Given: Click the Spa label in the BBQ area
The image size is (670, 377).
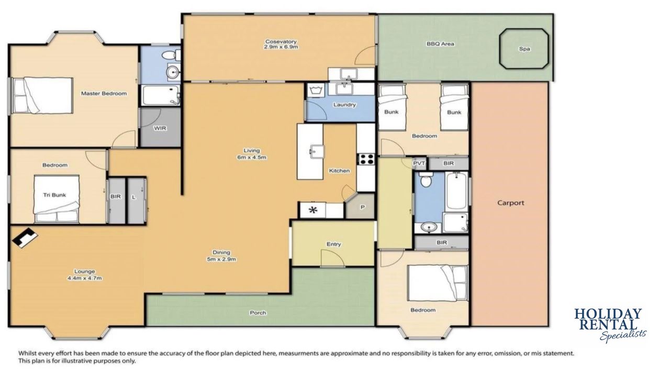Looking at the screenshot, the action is [524, 49].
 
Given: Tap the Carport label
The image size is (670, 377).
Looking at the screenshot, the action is [510, 203].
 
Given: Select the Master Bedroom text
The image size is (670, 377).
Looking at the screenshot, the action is [104, 93].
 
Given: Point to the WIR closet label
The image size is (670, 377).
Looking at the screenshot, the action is [160, 128].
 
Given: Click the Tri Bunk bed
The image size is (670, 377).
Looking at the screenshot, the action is [57, 198].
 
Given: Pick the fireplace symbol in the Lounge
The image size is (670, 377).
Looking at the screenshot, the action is [25, 238].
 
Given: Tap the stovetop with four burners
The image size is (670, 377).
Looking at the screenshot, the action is [365, 159].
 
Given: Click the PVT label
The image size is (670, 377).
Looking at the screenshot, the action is [419, 163].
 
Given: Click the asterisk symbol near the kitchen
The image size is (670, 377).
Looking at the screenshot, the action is [313, 210].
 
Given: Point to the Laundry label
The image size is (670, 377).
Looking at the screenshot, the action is [344, 105].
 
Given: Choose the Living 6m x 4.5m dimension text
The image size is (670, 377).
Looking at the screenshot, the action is [252, 154].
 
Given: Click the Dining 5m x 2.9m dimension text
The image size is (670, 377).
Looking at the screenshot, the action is [221, 256].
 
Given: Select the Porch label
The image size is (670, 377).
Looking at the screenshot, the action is [258, 313].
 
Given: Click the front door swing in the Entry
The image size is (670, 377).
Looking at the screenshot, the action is [332, 258].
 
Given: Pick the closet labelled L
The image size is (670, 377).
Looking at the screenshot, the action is [137, 201].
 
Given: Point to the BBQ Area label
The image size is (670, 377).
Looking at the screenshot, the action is [440, 43].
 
